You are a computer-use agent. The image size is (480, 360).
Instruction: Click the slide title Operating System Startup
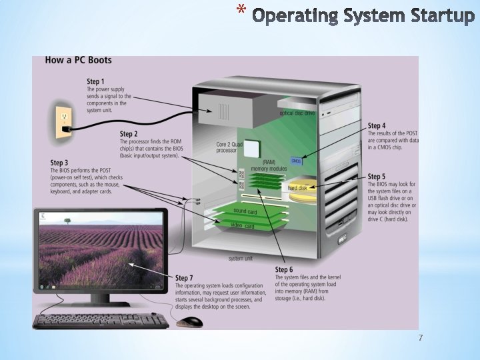tap(363, 15)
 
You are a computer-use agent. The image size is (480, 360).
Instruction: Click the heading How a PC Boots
tap(78, 60)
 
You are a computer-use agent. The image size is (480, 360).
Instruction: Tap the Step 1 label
tap(96, 82)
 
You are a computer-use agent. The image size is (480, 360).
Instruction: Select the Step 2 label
tap(129, 134)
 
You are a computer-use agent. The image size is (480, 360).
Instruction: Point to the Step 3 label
tap(59, 163)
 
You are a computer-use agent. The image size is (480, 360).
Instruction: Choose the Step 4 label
tap(377, 125)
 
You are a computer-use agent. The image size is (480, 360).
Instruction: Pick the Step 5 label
tap(377, 177)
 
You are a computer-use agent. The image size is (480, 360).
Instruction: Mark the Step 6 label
tap(284, 269)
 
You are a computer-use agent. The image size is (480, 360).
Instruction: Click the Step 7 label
tap(184, 277)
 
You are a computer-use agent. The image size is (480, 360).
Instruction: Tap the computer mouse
tap(190, 322)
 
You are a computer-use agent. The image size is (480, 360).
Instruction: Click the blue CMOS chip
tap(296, 161)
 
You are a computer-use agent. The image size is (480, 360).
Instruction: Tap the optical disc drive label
tap(297, 113)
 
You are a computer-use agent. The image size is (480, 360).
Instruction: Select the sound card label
tap(245, 211)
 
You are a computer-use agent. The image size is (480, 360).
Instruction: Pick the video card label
tap(242, 226)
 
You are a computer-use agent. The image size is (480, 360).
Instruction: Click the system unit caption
tap(240, 257)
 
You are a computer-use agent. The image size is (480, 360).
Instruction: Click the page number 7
tap(420, 339)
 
